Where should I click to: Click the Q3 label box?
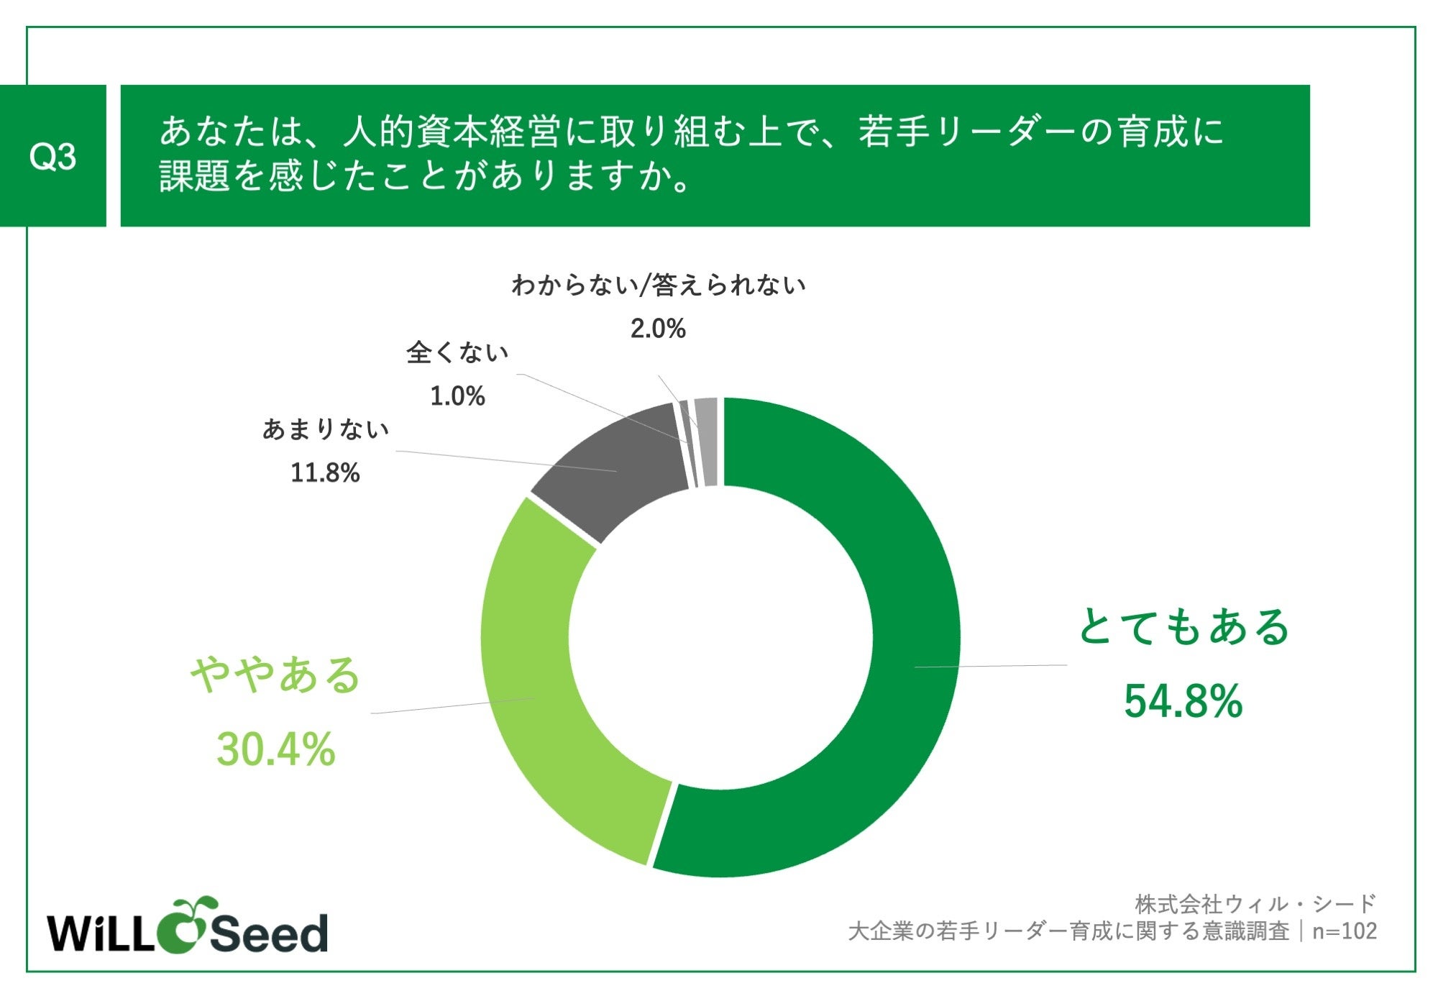52,155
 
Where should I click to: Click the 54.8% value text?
1183,701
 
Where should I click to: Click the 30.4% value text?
276,749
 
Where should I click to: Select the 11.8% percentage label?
325,472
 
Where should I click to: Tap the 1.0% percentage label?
457,396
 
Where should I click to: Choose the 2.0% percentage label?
658,329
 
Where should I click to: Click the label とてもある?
1183,626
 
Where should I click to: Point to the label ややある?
276,675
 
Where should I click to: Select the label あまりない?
325,429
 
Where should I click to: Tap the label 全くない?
457,352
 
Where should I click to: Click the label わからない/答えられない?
658,285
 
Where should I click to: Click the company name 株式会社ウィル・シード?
1255,903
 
